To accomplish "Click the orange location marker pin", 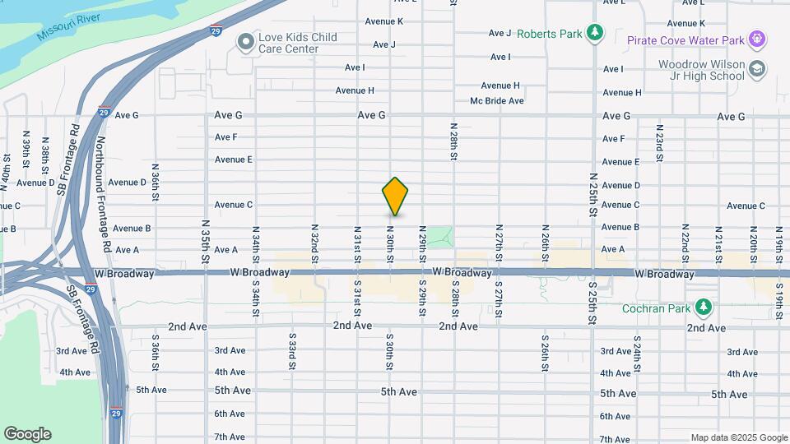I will click(395, 197).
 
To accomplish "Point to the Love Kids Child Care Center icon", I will click(244, 43).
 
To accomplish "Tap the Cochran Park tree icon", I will click(703, 308).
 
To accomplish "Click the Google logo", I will click(27, 434).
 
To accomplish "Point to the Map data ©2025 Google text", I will click(739, 437).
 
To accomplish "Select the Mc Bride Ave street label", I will click(497, 101).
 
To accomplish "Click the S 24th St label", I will click(636, 351).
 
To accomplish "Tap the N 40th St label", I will click(7, 169).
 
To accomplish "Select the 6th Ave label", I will click(230, 414).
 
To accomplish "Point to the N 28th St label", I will click(453, 141).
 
